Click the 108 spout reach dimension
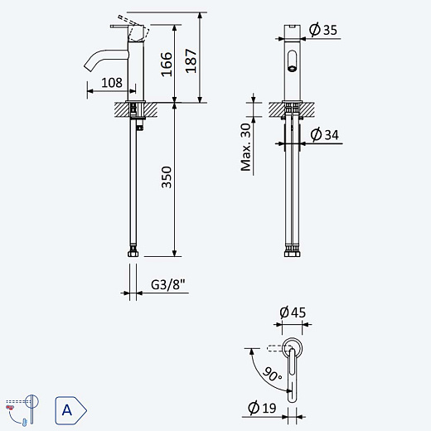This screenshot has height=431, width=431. [x=112, y=83]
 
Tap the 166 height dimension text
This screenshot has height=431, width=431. [x=167, y=64]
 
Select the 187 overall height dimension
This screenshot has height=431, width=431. [x=191, y=61]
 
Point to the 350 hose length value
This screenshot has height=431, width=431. [x=167, y=177]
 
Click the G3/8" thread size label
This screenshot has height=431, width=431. [x=168, y=284]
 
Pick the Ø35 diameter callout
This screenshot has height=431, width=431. [x=323, y=30]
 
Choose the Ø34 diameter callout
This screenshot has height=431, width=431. [x=324, y=135]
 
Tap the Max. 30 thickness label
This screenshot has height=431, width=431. [x=245, y=147]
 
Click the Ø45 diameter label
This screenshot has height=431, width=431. [x=293, y=312]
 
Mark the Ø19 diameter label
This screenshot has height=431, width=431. [x=262, y=408]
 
